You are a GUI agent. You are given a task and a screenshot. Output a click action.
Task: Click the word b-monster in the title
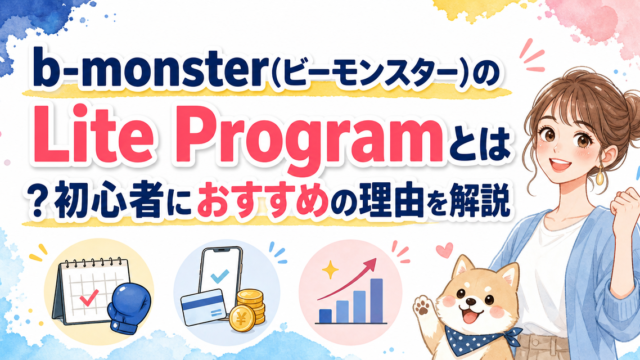pyautogui.click(x=148, y=67)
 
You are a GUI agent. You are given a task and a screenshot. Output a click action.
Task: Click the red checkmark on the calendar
pyautogui.click(x=89, y=298)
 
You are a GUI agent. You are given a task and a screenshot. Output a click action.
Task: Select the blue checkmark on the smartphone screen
pyautogui.click(x=220, y=276)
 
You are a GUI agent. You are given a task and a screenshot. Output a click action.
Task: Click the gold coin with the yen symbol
pyautogui.click(x=242, y=317)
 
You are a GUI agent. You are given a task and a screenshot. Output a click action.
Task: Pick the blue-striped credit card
pyautogui.click(x=203, y=307)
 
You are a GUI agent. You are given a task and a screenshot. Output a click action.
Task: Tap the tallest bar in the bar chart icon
pyautogui.click(x=376, y=300)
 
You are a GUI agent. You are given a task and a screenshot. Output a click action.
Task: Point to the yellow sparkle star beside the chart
pyautogui.click(x=330, y=270)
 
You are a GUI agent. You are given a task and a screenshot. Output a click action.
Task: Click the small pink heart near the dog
pyautogui.click(x=444, y=250)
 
